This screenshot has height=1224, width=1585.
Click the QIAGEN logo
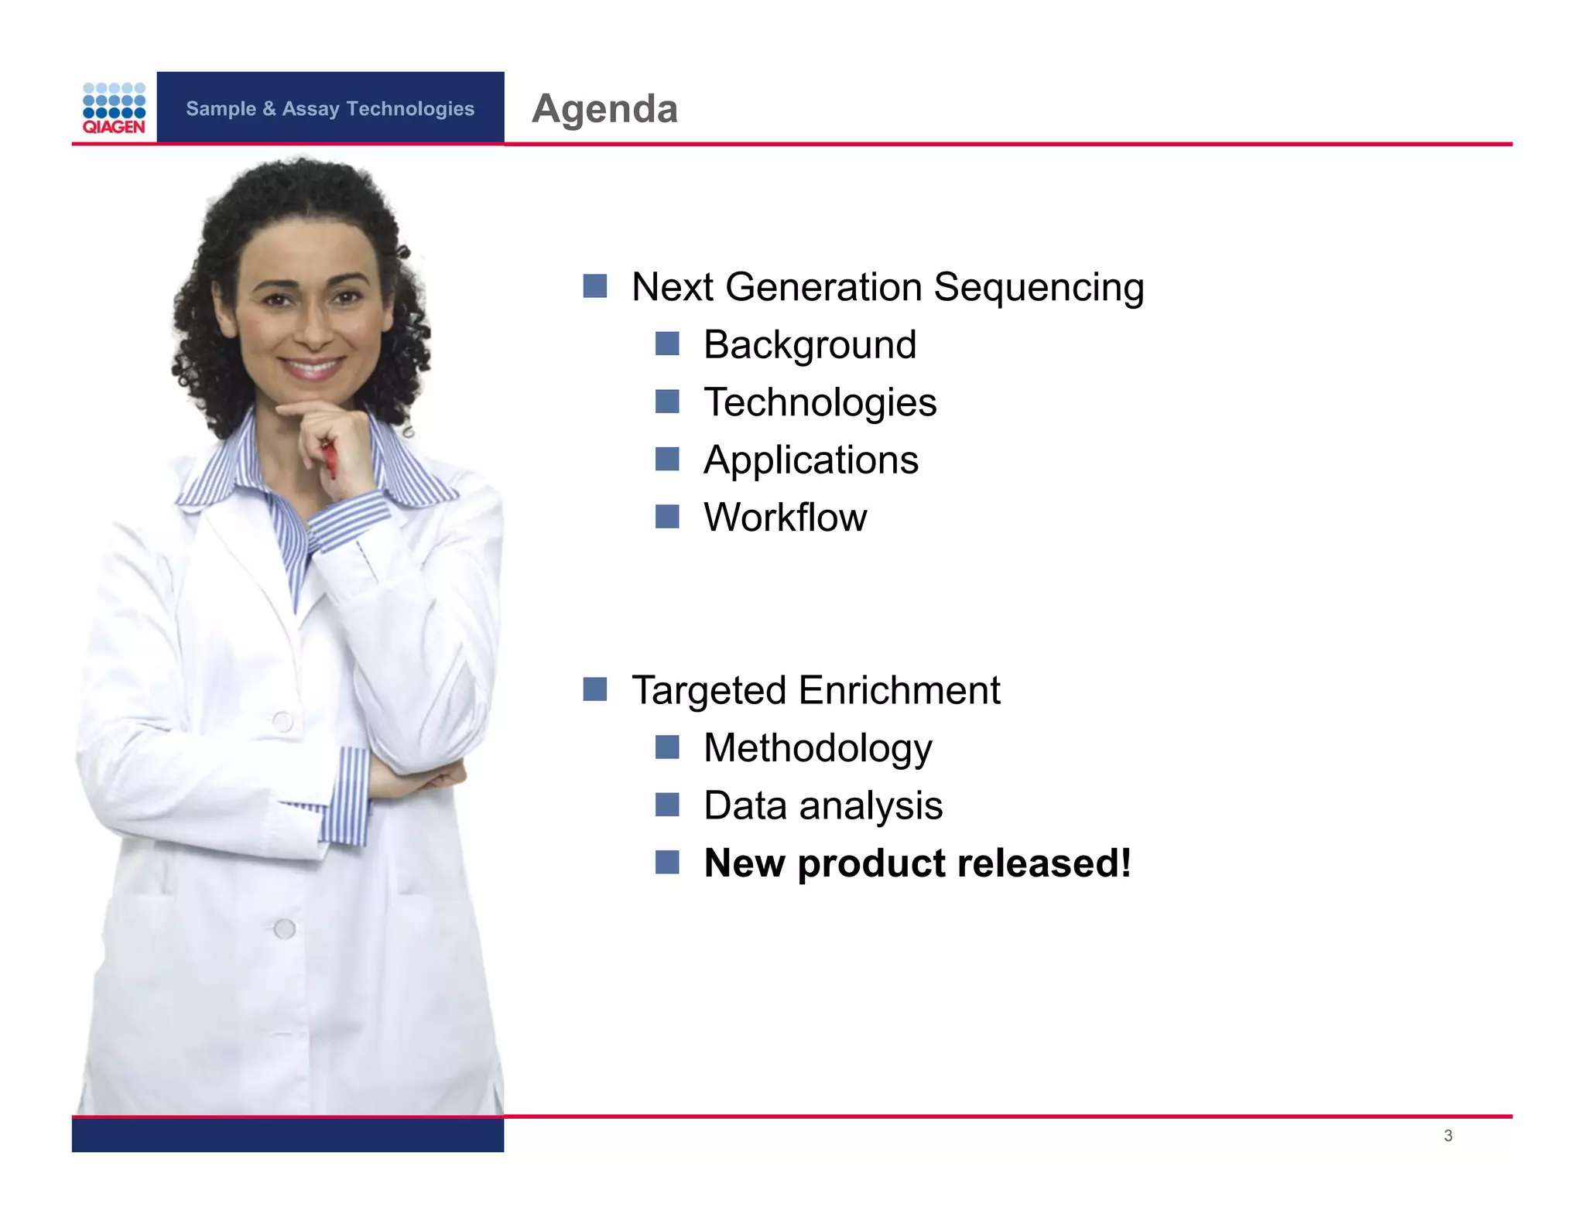point(114,108)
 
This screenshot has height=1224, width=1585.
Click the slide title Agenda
point(604,108)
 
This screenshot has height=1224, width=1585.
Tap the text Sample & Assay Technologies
point(330,108)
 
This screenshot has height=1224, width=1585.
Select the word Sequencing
point(1038,288)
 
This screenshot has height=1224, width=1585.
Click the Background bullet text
point(810,345)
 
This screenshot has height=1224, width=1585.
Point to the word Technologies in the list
point(820,402)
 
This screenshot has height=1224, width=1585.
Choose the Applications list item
point(810,460)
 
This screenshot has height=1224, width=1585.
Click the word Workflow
point(785,517)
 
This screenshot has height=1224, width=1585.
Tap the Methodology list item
point(817,748)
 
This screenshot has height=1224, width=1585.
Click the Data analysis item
point(823,805)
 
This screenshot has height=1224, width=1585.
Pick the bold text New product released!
point(917,863)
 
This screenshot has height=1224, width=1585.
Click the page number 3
point(1447,1136)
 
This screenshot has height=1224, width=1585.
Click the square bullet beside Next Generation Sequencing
point(594,286)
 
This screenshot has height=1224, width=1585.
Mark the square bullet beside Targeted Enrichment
point(594,689)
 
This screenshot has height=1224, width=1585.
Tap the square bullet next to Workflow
point(666,516)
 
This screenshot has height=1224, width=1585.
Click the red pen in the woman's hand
point(330,459)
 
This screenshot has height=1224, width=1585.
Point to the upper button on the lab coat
point(282,722)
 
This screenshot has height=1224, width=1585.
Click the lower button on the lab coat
point(284,928)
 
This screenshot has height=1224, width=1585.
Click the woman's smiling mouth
point(312,365)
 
